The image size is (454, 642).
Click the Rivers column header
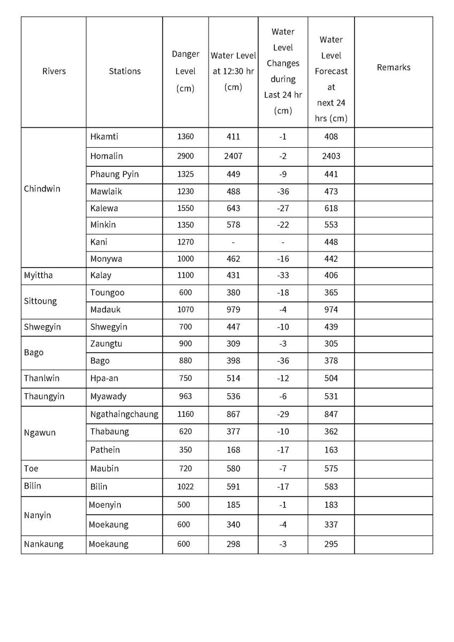tap(54, 71)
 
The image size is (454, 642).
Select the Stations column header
tap(125, 71)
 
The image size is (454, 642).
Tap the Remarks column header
tap(394, 67)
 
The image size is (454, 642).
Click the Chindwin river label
tap(42, 189)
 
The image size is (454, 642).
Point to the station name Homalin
tap(106, 156)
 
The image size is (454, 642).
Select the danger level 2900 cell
tap(185, 156)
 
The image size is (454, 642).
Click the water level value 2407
tap(233, 156)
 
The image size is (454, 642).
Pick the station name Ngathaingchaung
tap(124, 414)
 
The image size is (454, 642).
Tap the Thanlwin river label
tap(42, 378)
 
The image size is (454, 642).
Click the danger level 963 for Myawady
tap(185, 396)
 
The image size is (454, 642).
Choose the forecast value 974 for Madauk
tap(331, 310)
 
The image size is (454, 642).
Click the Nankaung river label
tap(43, 544)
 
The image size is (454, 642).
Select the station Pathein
tap(105, 450)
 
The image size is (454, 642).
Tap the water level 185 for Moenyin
tap(233, 505)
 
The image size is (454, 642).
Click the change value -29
tap(283, 414)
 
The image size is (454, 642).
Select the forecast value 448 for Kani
tap(331, 242)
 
